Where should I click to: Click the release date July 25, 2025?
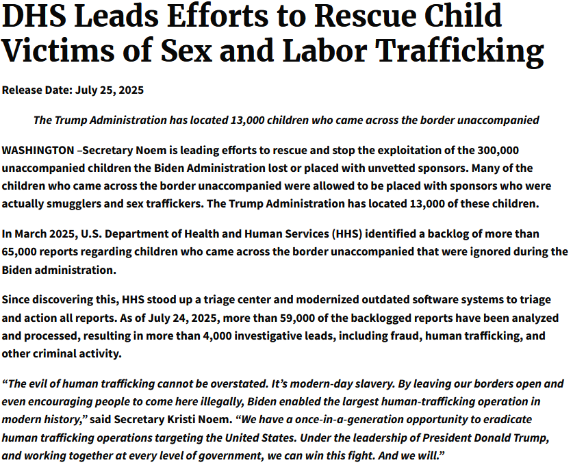[105, 90]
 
